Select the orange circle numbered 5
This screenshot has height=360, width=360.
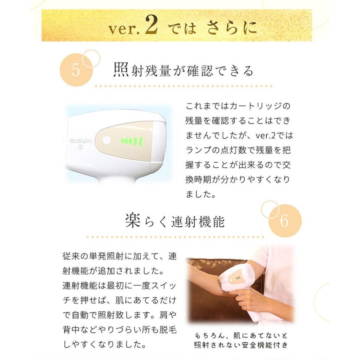point(76,70)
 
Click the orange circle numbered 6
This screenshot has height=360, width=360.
point(285,221)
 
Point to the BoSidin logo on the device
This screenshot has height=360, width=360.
point(80,140)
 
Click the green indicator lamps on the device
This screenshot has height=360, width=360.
point(132,141)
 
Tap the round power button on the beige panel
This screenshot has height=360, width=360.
point(106,140)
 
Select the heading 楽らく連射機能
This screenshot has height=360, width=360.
point(174,221)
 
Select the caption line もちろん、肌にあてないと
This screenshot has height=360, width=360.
point(241,336)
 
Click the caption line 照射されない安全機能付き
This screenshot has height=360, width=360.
point(241,345)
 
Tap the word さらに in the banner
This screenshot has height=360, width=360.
point(232,28)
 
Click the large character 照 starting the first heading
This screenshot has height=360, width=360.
point(121,70)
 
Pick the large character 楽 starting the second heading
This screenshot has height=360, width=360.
point(133,221)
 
